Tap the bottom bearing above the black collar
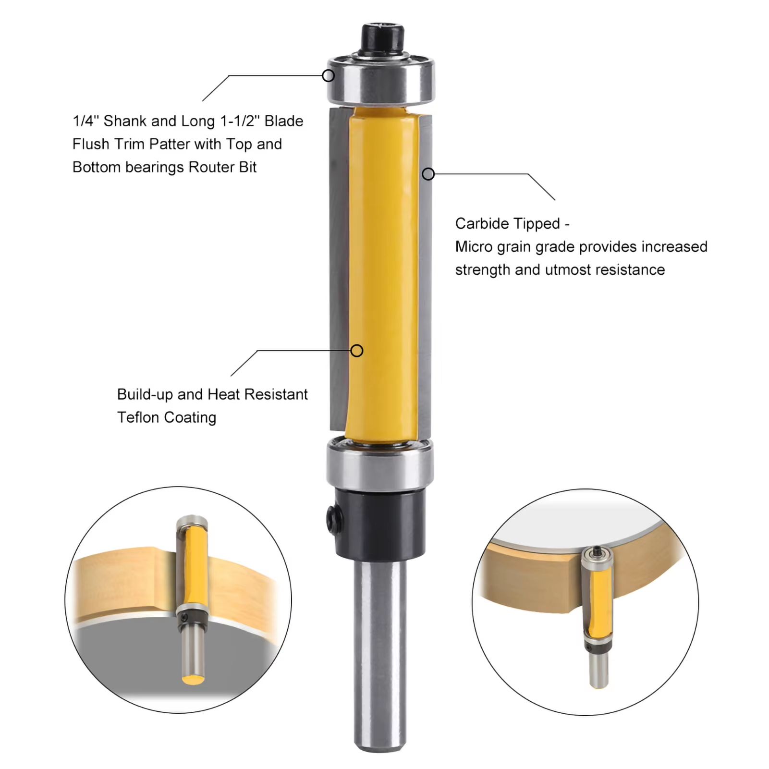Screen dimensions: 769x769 tap(380, 464)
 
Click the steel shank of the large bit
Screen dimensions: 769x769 tap(380, 653)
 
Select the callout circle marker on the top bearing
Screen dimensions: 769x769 tap(328, 75)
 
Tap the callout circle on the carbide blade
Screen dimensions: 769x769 tap(428, 174)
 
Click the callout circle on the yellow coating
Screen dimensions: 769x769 tap(356, 351)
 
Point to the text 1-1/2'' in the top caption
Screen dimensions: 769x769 tap(240, 121)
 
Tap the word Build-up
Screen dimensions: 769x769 tap(145, 394)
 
